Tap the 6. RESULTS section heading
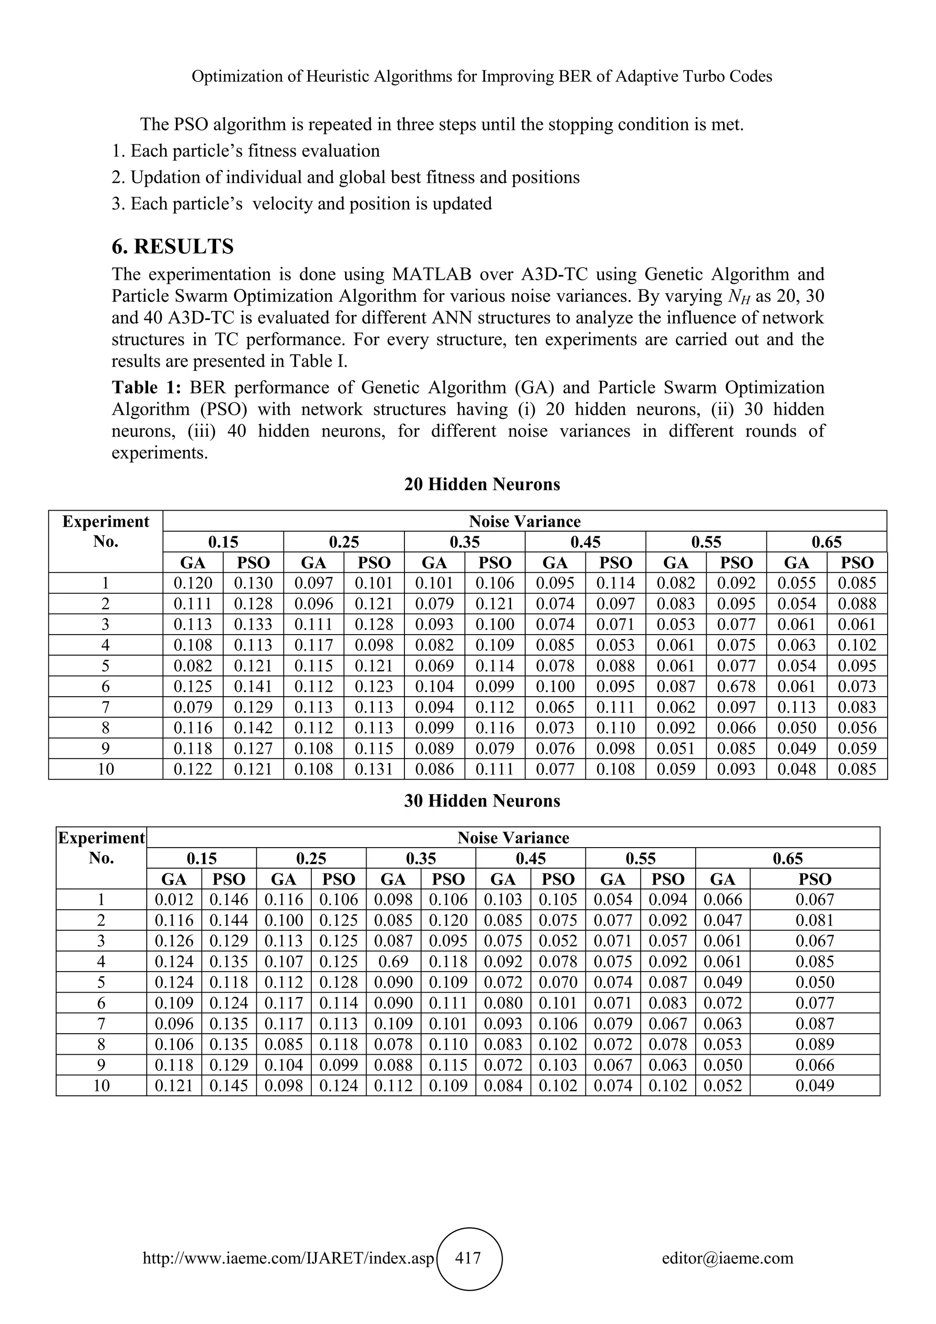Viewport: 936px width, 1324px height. pos(172,246)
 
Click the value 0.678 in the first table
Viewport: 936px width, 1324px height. pos(736,686)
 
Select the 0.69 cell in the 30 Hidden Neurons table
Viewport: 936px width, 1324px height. pos(393,961)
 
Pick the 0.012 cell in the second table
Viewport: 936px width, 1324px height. pos(174,900)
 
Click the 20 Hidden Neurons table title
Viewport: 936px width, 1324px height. pos(482,485)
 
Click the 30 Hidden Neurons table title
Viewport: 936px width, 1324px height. pos(482,801)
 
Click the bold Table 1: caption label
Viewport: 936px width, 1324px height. pos(146,388)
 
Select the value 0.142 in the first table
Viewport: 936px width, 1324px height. pos(253,728)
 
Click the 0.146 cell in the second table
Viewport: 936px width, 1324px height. pos(229,900)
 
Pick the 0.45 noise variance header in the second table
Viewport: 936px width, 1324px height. pos(530,859)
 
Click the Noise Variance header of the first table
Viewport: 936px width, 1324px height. pos(525,521)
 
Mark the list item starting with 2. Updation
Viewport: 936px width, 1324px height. pos(346,177)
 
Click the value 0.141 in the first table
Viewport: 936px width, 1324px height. pos(253,686)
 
